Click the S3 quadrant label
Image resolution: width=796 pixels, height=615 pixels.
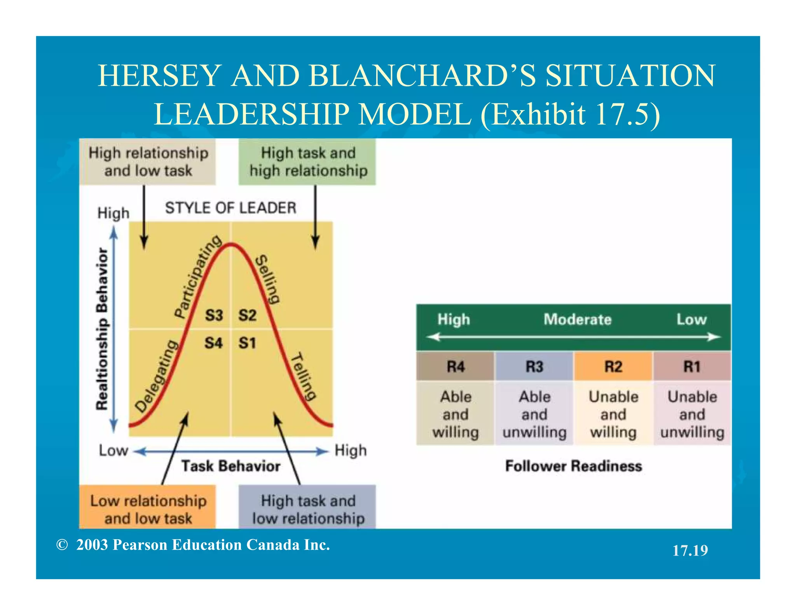point(214,315)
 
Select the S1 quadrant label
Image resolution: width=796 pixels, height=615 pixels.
point(247,343)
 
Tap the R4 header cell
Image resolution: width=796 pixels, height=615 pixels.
point(456,367)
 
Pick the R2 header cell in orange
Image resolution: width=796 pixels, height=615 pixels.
point(613,367)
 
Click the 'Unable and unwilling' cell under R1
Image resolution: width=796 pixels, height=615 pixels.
point(692,414)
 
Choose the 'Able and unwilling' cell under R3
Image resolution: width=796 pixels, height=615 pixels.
point(534,414)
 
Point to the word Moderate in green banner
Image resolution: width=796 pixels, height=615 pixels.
point(577,320)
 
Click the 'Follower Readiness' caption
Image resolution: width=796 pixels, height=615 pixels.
point(573,466)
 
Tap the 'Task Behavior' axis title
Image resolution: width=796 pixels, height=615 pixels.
point(231,466)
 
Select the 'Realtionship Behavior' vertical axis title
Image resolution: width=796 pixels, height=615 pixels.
point(102,328)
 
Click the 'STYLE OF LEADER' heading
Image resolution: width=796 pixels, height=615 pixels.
point(230,208)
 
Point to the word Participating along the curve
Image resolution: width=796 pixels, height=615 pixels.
point(198,276)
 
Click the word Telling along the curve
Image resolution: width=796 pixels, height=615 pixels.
point(304,376)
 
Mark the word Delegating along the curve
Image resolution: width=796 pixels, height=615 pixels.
point(157,376)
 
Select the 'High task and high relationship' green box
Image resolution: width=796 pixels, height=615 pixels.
point(307,162)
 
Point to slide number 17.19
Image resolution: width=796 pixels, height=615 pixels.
point(690,550)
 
